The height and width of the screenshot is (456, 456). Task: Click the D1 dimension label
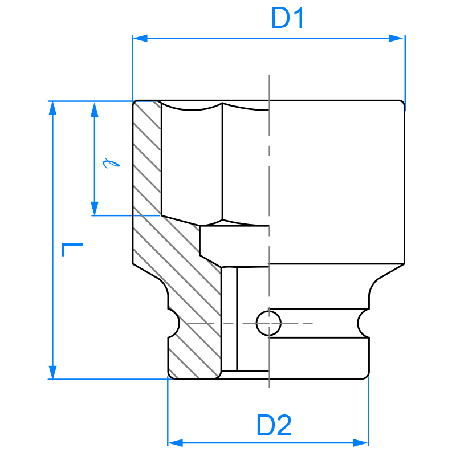pos(288,19)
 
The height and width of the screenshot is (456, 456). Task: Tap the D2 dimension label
pos(274,426)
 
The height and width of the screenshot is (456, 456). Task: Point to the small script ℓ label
pos(109,164)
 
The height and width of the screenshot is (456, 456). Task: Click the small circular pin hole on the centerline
pos(268,323)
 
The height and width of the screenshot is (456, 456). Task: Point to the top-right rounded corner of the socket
pos(402,104)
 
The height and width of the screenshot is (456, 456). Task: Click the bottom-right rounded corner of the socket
pos(367,375)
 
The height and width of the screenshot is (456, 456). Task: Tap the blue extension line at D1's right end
pos(405,68)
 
